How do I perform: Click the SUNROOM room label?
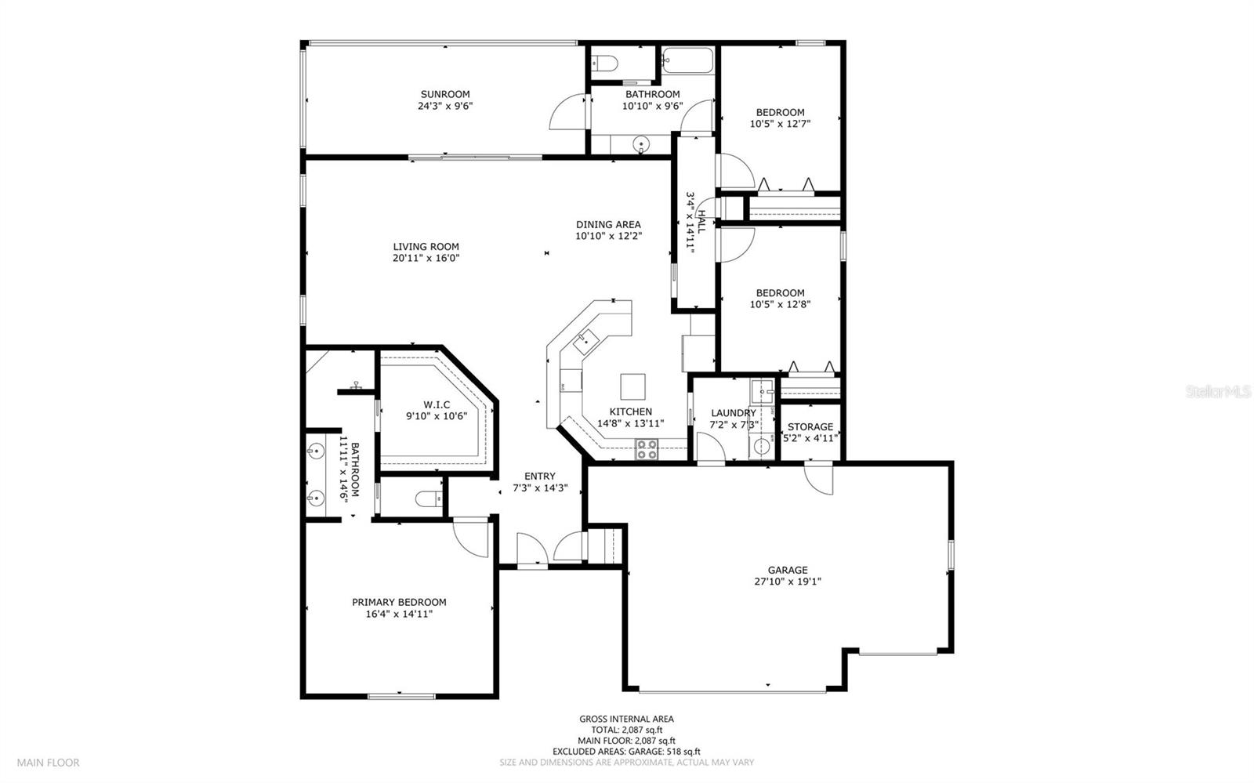tap(445, 94)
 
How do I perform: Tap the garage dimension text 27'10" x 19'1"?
tap(788, 582)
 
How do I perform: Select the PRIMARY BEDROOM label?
tap(399, 602)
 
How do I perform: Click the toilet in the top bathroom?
tap(604, 63)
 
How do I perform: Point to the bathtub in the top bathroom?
tap(687, 60)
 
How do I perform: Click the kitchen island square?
tap(632, 386)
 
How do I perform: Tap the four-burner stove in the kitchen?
tap(646, 449)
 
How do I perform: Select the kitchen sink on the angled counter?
tap(585, 342)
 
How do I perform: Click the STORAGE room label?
tap(810, 426)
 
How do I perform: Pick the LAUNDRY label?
tap(734, 413)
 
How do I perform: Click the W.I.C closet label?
tap(437, 404)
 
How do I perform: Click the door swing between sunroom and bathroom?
tap(567, 112)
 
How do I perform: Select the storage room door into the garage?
tap(818, 479)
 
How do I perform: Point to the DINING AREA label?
tap(608, 224)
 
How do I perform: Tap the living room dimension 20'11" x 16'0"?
tap(426, 258)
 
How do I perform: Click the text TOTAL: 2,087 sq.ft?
tap(626, 730)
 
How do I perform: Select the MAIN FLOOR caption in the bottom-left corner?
tap(48, 763)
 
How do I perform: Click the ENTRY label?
tap(540, 477)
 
